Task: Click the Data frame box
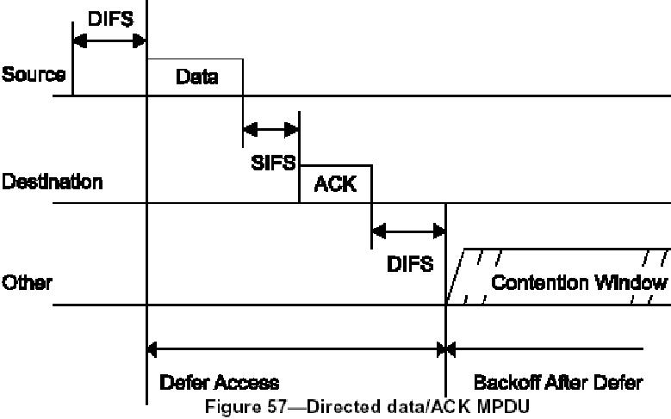(196, 77)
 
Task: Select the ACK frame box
(335, 183)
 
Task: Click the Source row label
(33, 74)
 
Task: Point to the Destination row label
(52, 182)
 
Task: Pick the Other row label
(27, 282)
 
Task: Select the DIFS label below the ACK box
(410, 262)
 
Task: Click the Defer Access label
(219, 382)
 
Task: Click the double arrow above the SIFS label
(270, 130)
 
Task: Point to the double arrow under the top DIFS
(109, 40)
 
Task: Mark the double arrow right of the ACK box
(408, 231)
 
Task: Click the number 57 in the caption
(270, 406)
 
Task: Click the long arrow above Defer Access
(296, 349)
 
